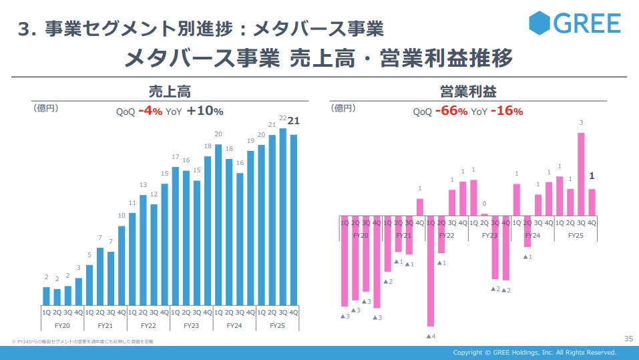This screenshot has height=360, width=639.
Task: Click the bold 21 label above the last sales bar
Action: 293,121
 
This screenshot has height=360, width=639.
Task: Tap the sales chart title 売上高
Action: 169,92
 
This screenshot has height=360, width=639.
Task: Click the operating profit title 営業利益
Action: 468,92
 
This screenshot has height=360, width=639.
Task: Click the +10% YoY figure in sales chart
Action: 205,112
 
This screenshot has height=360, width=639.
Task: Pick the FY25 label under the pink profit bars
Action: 576,236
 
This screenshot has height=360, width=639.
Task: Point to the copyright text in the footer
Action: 534,353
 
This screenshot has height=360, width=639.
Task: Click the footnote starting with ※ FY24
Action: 83,342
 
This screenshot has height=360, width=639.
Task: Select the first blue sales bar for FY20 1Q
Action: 46,295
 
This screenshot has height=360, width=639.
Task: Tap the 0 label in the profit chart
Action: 484,204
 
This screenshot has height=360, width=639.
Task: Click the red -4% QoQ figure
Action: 150,112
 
